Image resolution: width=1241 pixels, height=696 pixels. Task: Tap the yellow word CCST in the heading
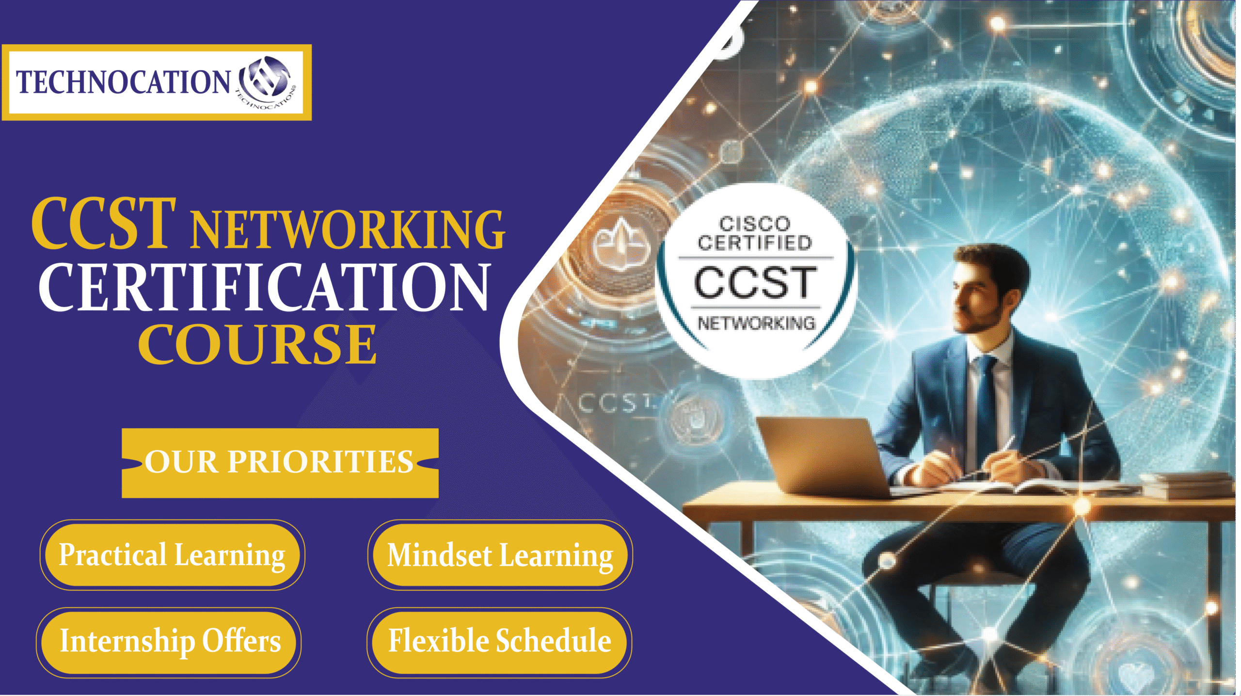[104, 224]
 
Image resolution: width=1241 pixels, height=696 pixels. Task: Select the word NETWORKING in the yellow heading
[348, 229]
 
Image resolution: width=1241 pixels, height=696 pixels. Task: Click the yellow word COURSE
[257, 343]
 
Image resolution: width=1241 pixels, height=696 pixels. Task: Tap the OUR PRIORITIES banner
[280, 463]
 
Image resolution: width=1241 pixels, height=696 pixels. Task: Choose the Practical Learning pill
[172, 555]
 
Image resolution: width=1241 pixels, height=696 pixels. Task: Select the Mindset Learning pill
[500, 555]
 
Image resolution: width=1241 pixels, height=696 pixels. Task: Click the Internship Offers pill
[169, 642]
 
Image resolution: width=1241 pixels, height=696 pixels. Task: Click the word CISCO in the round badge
[754, 224]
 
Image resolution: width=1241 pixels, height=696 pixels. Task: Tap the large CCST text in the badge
[755, 282]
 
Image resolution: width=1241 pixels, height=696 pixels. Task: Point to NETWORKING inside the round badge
[756, 323]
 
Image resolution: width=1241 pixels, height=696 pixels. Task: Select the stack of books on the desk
[1188, 485]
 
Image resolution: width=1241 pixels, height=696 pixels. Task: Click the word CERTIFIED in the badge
[755, 243]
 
